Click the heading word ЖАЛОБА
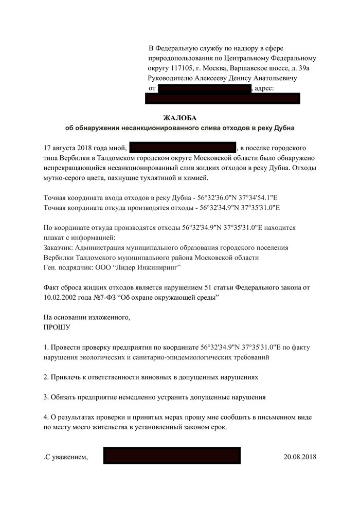tap(180, 118)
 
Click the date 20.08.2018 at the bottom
tap(300, 456)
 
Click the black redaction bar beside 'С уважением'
tap(172, 456)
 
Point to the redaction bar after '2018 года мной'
tap(183, 148)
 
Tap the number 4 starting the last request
tap(46, 416)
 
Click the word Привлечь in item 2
tap(67, 376)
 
